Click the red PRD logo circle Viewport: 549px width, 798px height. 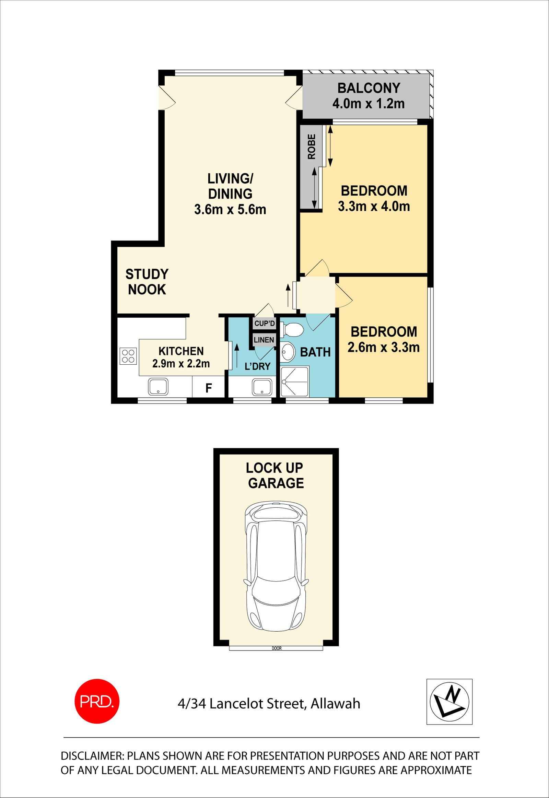click(97, 701)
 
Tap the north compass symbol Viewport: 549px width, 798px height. click(449, 701)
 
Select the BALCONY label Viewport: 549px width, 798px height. click(369, 88)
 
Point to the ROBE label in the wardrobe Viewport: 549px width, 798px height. click(311, 146)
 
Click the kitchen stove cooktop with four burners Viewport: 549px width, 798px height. click(128, 356)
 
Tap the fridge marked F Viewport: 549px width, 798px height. click(209, 388)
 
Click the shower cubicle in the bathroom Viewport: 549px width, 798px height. click(295, 382)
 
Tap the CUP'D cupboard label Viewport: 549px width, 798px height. click(265, 323)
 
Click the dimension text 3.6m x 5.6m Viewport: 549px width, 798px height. click(230, 210)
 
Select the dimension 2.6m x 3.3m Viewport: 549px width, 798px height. click(383, 348)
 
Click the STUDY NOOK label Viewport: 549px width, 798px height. click(147, 282)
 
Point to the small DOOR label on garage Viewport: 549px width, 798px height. click(277, 648)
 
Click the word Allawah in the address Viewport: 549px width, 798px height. click(335, 704)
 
